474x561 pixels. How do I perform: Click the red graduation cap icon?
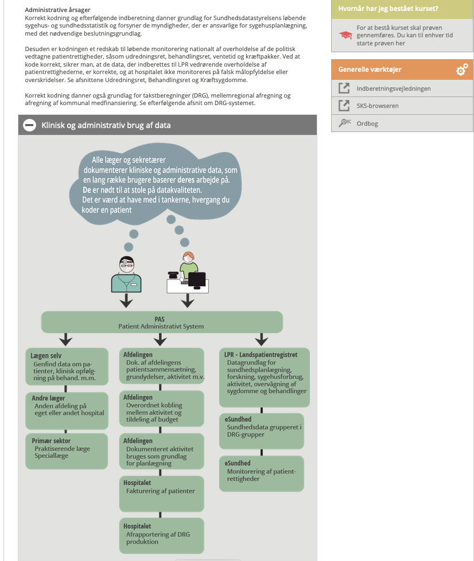[345, 35]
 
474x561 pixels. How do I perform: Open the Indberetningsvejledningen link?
[393, 88]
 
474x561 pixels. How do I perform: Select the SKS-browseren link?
[378, 106]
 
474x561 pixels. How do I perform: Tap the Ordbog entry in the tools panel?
[367, 123]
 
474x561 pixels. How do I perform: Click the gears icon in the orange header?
[462, 69]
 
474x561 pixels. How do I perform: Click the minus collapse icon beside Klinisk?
[30, 125]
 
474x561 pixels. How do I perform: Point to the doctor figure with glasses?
[126, 274]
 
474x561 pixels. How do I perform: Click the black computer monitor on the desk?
[197, 280]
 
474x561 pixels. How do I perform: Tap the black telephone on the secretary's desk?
[173, 275]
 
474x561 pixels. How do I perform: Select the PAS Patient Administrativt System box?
[162, 322]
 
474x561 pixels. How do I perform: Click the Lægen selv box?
[67, 366]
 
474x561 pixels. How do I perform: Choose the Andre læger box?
[67, 411]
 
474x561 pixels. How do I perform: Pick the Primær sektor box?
[67, 451]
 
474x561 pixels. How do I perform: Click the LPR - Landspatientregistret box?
[264, 377]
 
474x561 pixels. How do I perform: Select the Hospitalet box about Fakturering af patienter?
[162, 493]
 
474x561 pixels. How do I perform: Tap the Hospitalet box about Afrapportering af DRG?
[162, 535]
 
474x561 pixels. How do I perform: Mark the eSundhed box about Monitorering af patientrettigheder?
[261, 473]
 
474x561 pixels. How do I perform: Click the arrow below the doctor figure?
[126, 300]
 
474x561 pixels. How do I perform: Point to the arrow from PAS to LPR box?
[262, 339]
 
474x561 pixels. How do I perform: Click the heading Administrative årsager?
[57, 10]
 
